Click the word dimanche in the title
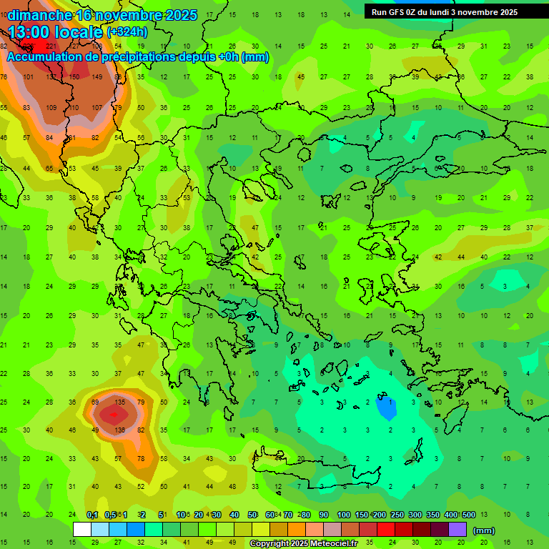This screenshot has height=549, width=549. [39, 15]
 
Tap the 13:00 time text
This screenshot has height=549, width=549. [33, 32]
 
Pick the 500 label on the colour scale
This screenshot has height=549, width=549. [468, 515]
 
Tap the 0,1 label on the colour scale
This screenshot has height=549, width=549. [92, 515]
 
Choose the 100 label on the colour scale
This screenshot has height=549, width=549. [344, 515]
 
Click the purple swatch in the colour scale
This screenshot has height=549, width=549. [457, 530]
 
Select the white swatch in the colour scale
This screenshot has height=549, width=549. [82, 530]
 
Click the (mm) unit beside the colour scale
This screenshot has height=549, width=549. [484, 530]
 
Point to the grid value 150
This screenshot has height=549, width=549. [74, 77]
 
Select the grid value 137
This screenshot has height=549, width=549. [51, 77]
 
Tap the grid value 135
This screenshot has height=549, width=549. [120, 402]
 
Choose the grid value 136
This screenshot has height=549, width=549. [120, 430]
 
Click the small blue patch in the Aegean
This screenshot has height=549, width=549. [386, 408]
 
